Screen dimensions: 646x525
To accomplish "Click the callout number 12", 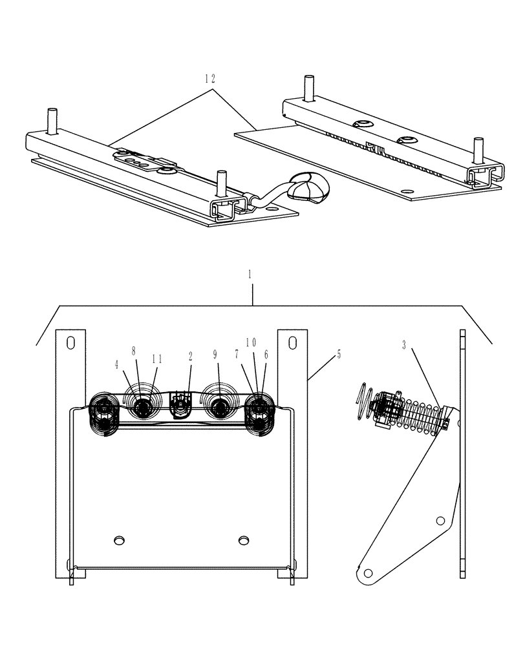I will click(x=209, y=78).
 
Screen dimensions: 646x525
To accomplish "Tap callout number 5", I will click(x=339, y=355).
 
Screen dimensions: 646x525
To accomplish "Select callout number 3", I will click(x=404, y=346).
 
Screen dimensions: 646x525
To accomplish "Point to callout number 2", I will click(x=191, y=356).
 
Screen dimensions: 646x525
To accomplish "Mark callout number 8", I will click(x=134, y=351).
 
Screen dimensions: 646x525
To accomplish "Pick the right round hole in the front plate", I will click(x=244, y=539).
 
